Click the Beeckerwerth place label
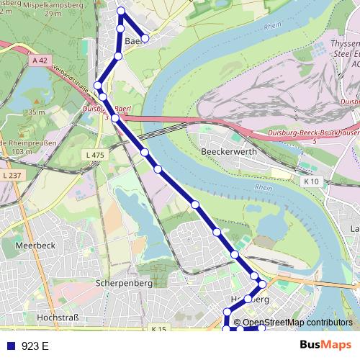click(229, 153)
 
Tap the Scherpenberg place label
click(123, 284)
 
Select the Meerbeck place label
click(34, 245)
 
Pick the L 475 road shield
click(94, 156)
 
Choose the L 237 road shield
click(12, 176)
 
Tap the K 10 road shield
click(311, 182)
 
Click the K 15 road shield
click(158, 329)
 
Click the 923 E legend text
click(35, 346)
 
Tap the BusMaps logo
click(325, 345)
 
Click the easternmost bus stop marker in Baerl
click(145, 38)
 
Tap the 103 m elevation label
click(22, 152)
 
